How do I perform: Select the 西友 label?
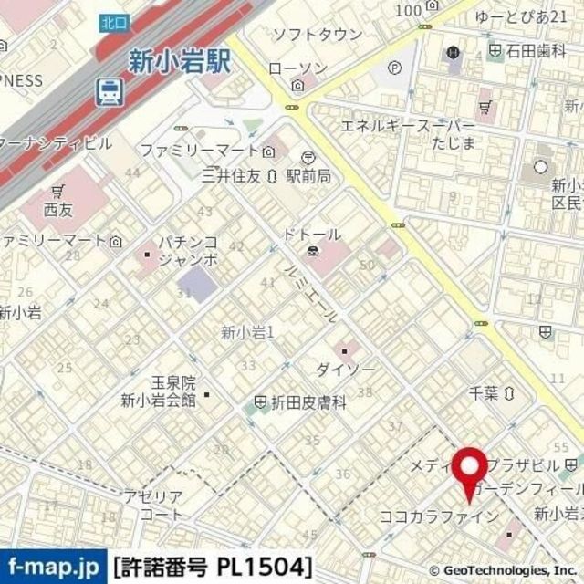click(57, 209)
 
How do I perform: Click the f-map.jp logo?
click(53, 566)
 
